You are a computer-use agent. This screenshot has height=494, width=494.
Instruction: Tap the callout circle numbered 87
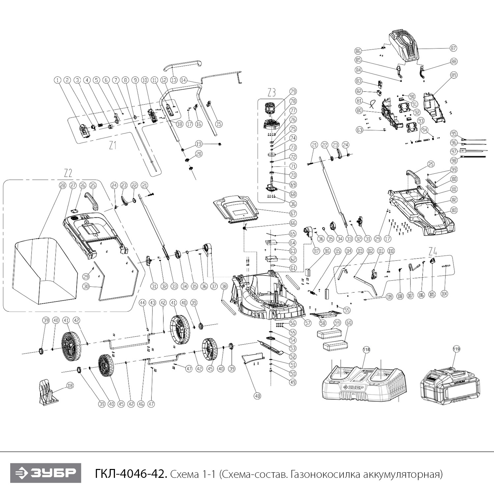tap(454, 48)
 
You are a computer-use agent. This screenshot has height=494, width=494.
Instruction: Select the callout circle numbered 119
tap(456, 349)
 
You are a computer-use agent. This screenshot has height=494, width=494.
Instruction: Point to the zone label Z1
tap(113, 145)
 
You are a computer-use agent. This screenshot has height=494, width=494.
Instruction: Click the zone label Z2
tap(68, 173)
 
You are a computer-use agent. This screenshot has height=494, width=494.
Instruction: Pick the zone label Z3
tap(271, 93)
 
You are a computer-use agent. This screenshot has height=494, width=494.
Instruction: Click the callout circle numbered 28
tap(62, 186)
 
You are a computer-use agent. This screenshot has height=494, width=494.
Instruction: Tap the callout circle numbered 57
tap(308, 323)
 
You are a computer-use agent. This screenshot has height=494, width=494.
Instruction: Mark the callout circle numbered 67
tap(293, 214)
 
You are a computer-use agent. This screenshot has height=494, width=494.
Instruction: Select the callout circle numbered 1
tap(58, 80)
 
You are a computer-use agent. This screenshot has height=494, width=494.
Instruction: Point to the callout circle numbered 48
tap(257, 397)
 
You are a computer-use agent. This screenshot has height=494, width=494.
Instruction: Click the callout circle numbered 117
tap(317, 251)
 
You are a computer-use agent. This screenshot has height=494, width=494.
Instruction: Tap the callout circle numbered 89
tap(454, 75)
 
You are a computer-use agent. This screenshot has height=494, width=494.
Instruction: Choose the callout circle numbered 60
tap(349, 323)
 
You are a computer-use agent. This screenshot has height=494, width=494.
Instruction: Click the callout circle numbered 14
tap(184, 80)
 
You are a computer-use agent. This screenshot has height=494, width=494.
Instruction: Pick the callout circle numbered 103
tap(454, 210)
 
